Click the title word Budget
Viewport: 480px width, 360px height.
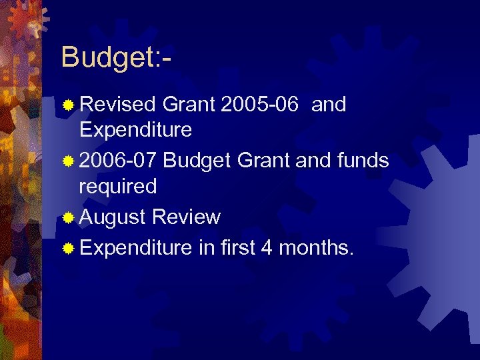click(107, 58)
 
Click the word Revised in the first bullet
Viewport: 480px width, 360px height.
click(117, 104)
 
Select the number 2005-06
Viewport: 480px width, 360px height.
click(259, 104)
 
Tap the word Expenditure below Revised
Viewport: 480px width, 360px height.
click(135, 129)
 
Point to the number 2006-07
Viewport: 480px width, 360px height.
click(118, 160)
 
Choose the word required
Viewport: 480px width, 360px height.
click(118, 187)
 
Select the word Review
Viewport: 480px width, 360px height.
click(186, 217)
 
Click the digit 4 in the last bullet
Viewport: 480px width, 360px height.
click(267, 248)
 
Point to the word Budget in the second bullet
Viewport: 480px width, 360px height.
click(196, 160)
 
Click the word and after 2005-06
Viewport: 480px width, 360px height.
click(329, 104)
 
